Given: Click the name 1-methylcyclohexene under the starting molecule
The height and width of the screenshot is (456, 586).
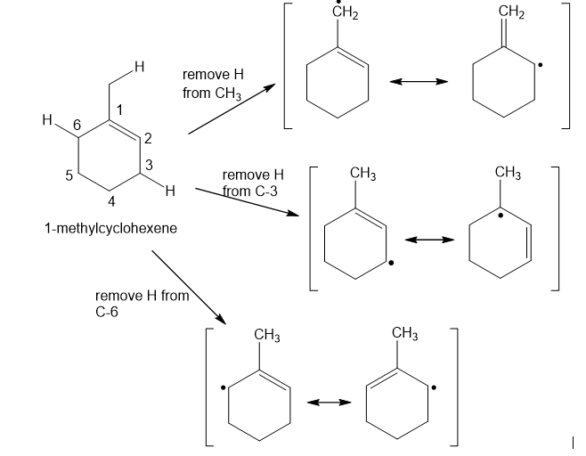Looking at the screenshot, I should click(110, 228).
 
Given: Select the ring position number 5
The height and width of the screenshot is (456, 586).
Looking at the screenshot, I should click(69, 175).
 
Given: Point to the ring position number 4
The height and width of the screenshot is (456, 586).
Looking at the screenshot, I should click(111, 199).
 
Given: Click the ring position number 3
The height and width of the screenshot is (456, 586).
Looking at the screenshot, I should click(149, 163).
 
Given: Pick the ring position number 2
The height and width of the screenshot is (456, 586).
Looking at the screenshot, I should click(148, 137).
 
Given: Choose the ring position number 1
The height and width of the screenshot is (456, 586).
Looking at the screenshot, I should click(120, 109).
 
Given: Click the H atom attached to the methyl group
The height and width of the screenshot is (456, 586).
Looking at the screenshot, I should click(138, 64).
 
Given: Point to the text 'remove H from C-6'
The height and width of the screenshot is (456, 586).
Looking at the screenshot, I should click(142, 304).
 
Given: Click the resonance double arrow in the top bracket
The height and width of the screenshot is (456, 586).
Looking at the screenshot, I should click(418, 82).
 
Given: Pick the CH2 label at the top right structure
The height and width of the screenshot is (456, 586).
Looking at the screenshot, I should click(513, 12).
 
